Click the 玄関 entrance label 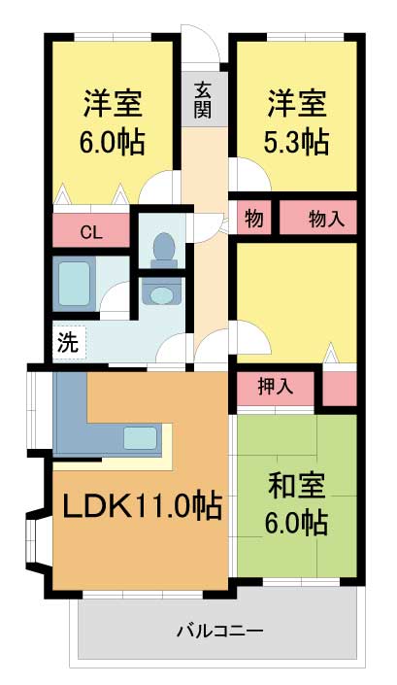203,100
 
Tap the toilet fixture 164,250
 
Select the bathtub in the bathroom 74,284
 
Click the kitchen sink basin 140,438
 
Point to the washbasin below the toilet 161,295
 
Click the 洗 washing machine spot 69,342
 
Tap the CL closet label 91,233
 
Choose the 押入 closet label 276,387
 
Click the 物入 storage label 326,218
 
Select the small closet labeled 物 254,218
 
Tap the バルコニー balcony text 220,631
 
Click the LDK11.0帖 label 143,505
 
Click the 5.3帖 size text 296,142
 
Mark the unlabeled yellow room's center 297,302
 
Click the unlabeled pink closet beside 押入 340,389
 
